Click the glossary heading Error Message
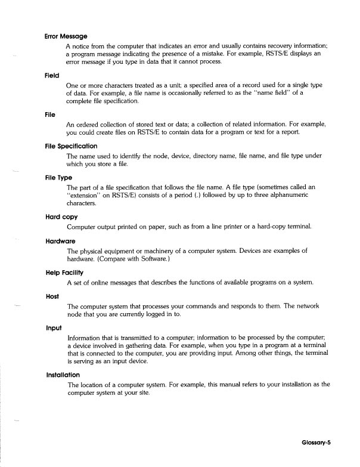click(66, 36)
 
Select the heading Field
click(52, 76)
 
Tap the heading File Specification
click(71, 146)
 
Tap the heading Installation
click(64, 375)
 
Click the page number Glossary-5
click(329, 443)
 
